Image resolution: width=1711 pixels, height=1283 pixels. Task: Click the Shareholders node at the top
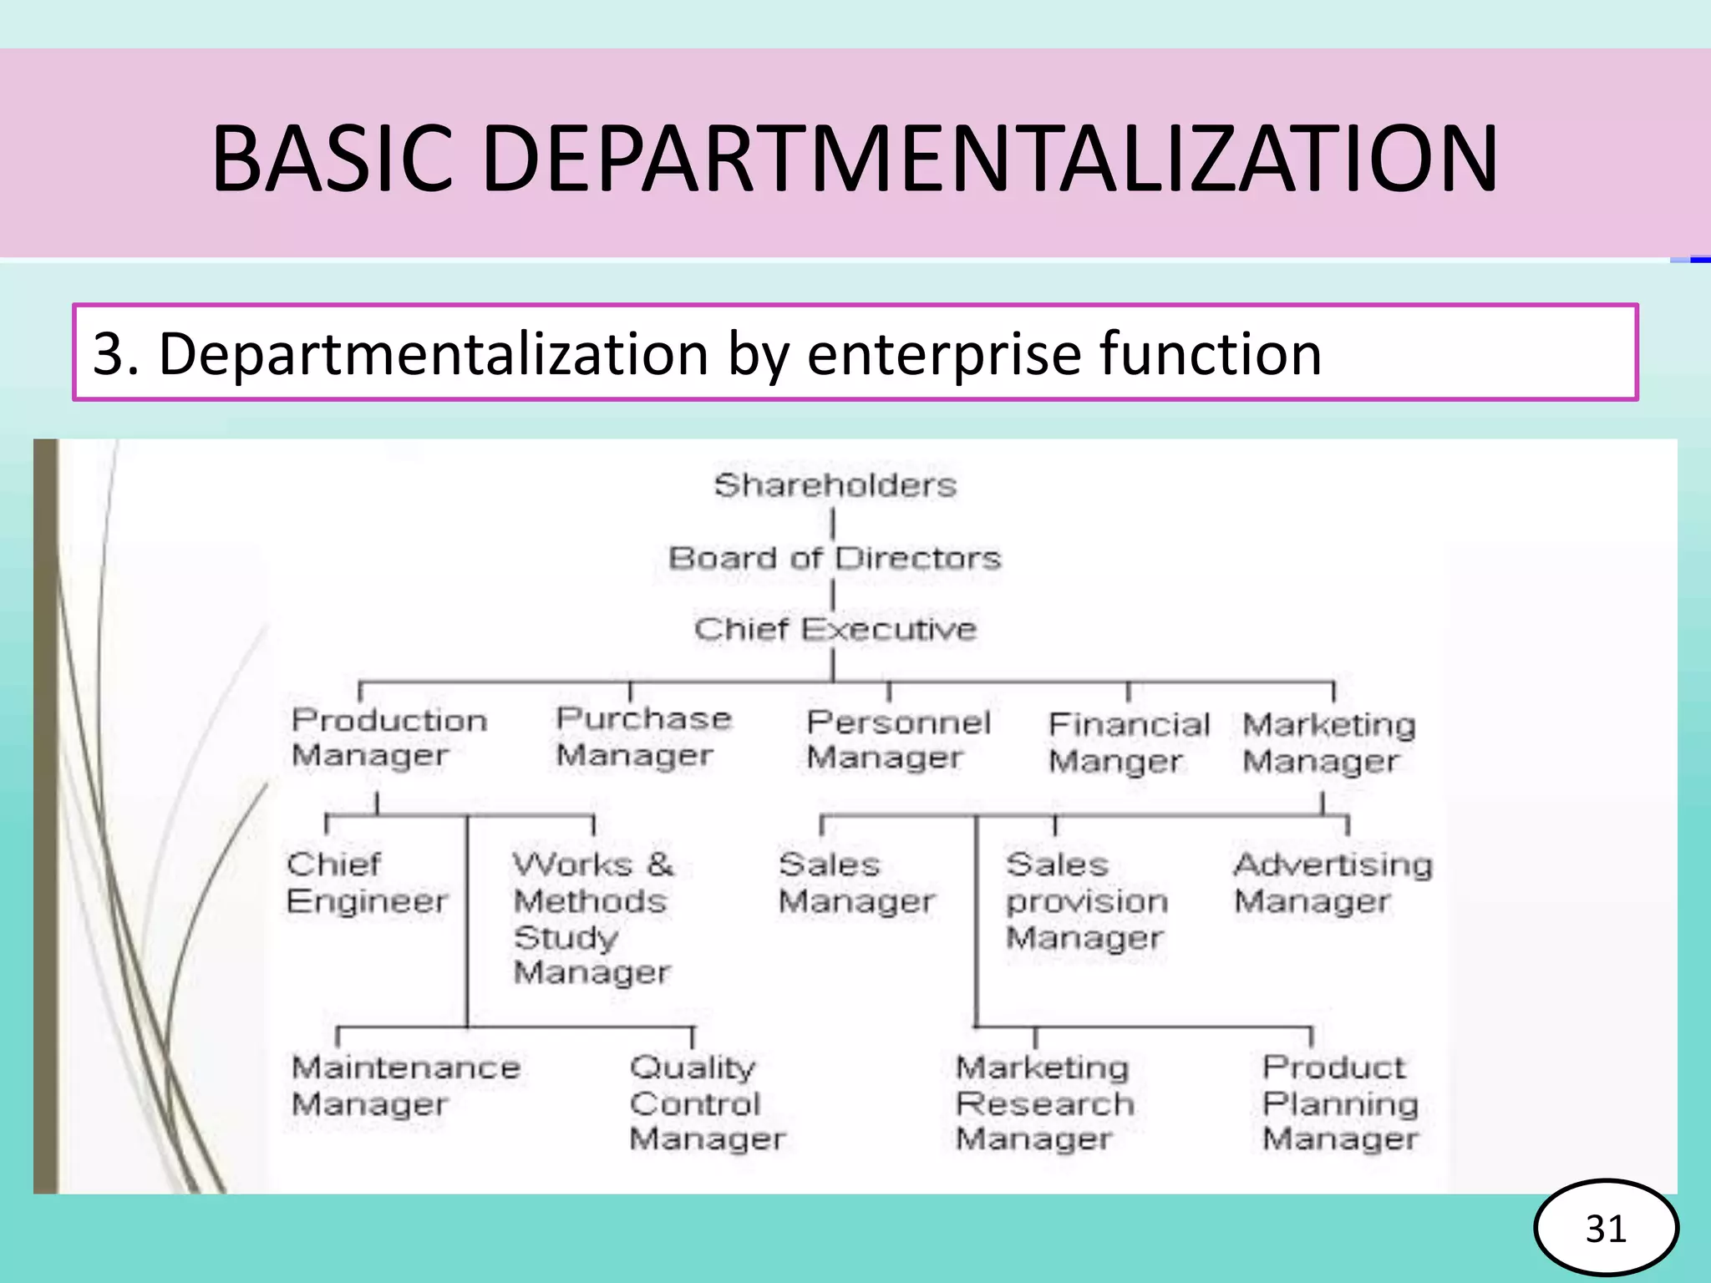click(x=835, y=485)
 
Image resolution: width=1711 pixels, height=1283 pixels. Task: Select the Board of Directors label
click(x=835, y=558)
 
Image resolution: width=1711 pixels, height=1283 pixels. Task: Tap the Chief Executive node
click(x=835, y=629)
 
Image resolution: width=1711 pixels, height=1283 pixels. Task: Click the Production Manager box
click(x=388, y=738)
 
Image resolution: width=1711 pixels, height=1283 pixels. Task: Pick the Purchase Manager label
click(x=643, y=736)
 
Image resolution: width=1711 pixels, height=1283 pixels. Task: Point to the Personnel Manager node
click(x=898, y=740)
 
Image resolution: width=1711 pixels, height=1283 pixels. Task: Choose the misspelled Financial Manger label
click(x=1129, y=743)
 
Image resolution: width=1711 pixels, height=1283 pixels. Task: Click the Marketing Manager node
click(x=1328, y=743)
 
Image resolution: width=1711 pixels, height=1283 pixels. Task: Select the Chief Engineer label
click(x=367, y=883)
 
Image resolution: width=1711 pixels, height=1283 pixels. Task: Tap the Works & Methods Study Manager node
click(x=592, y=918)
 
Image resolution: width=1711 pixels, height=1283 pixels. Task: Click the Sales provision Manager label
click(x=1086, y=901)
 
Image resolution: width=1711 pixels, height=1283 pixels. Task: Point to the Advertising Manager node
click(x=1333, y=883)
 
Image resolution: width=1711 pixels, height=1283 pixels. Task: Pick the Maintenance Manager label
click(x=405, y=1086)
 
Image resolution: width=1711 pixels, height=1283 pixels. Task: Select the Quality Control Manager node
click(x=707, y=1103)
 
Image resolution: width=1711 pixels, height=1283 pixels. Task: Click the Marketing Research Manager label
click(x=1044, y=1103)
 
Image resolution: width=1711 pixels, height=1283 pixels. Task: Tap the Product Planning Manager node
click(x=1340, y=1103)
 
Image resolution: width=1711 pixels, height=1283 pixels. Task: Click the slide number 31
click(x=1606, y=1229)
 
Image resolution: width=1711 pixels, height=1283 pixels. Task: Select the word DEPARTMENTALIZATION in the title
click(x=990, y=159)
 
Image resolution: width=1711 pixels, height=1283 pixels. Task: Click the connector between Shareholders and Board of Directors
click(x=833, y=524)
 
